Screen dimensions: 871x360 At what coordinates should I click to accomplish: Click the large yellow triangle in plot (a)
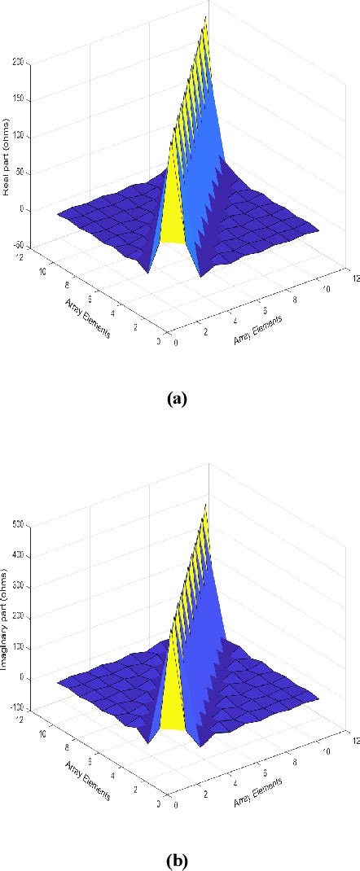pyautogui.click(x=173, y=212)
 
